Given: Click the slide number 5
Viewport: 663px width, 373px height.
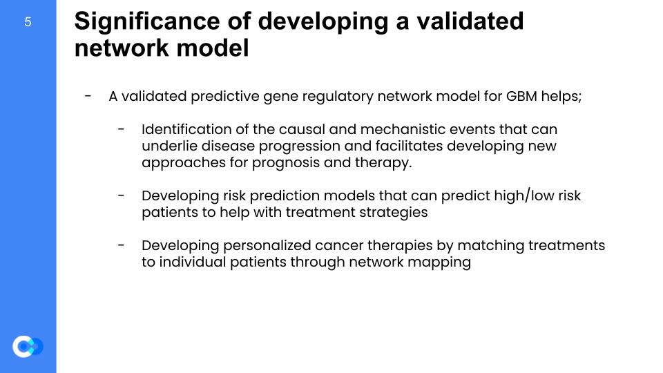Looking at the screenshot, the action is pyautogui.click(x=28, y=22).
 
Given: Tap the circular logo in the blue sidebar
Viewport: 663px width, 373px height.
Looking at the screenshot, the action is pyautogui.click(x=28, y=346).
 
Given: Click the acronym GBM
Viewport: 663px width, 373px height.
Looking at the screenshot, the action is pyautogui.click(x=521, y=96).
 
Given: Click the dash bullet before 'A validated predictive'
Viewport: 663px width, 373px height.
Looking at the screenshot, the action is pyautogui.click(x=88, y=96).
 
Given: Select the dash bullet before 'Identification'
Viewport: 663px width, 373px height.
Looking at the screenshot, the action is pyautogui.click(x=122, y=129).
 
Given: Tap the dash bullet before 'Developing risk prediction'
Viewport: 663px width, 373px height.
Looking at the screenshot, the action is pyautogui.click(x=122, y=195).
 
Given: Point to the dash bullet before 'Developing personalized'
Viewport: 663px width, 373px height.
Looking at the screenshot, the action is pyautogui.click(x=122, y=245).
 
